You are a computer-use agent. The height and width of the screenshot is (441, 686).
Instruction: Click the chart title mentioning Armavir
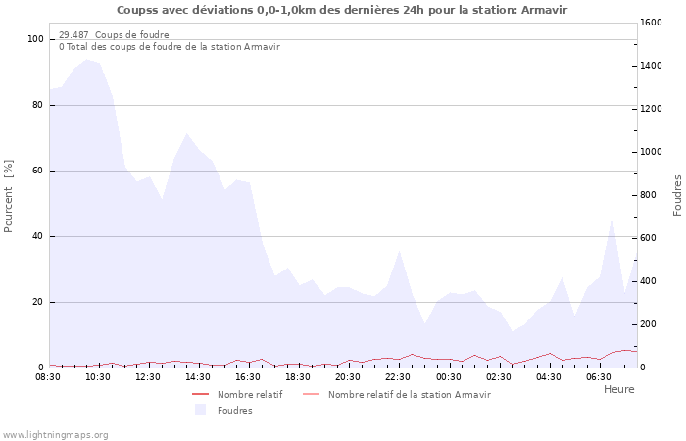pyautogui.click(x=342, y=10)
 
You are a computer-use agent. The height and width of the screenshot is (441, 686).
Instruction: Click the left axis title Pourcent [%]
pyautogui.click(x=9, y=196)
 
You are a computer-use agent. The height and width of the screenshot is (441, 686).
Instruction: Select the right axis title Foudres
pyautogui.click(x=677, y=195)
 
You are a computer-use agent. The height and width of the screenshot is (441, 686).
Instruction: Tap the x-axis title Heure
pyautogui.click(x=618, y=389)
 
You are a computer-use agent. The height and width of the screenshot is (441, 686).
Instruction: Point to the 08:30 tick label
pyautogui.click(x=49, y=376)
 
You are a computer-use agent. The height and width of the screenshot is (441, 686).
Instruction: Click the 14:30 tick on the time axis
pyautogui.click(x=199, y=376)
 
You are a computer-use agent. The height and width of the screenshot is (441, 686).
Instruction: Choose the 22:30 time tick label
pyautogui.click(x=399, y=376)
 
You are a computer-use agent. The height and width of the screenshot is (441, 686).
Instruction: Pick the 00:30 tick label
pyautogui.click(x=449, y=376)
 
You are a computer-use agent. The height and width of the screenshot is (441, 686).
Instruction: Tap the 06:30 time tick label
pyautogui.click(x=599, y=376)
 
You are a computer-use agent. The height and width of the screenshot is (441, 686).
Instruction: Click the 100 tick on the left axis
pyautogui.click(x=36, y=39)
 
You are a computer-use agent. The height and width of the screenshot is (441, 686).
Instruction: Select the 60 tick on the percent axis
pyautogui.click(x=38, y=171)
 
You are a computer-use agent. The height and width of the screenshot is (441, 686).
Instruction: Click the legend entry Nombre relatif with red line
pyautogui.click(x=250, y=394)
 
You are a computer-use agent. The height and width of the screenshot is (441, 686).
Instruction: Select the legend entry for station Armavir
pyautogui.click(x=409, y=394)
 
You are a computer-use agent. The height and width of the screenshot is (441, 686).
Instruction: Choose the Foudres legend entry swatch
pyautogui.click(x=201, y=410)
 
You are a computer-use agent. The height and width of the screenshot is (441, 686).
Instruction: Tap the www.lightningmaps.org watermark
pyautogui.click(x=55, y=434)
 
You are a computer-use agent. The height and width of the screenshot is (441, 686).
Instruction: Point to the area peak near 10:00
pyautogui.click(x=87, y=60)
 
